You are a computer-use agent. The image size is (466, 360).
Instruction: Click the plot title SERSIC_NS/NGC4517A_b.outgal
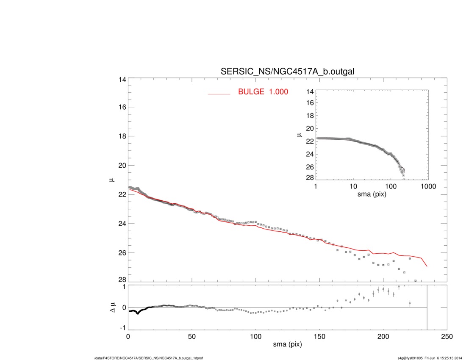(x=288, y=72)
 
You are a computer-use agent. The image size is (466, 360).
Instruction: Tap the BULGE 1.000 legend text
(x=263, y=91)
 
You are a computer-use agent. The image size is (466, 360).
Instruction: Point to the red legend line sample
(x=219, y=94)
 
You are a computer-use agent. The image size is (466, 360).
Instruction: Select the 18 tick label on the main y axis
(x=122, y=136)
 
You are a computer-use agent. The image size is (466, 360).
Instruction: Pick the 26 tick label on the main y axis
(x=122, y=253)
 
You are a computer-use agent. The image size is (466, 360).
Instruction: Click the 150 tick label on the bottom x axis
(x=319, y=336)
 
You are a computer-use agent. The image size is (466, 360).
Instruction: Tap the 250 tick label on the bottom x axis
(x=447, y=336)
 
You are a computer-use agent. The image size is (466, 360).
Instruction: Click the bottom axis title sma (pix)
(x=287, y=345)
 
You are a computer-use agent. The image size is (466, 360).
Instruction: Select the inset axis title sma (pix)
(x=372, y=194)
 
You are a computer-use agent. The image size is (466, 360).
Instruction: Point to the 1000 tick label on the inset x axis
(x=428, y=186)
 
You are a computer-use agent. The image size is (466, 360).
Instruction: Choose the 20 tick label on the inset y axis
(x=310, y=128)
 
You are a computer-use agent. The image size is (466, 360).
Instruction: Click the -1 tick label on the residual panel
(x=122, y=327)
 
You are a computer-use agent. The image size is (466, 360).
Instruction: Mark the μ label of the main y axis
(x=111, y=180)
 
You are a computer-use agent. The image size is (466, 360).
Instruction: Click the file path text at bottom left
(x=149, y=358)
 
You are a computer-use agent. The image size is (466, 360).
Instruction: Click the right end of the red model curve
(x=427, y=266)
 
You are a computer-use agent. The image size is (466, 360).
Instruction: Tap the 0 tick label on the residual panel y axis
(x=124, y=307)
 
